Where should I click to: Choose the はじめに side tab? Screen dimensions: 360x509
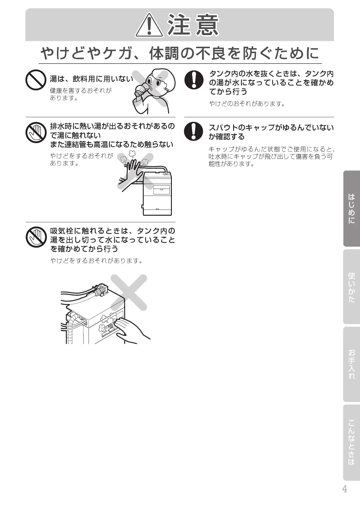(352, 208)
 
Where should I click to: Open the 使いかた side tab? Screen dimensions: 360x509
(352, 287)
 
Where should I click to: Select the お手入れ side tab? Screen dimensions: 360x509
(352, 364)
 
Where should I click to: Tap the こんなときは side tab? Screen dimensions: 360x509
(352, 443)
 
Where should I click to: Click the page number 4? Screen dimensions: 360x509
(345, 489)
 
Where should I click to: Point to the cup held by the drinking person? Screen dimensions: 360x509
(142, 89)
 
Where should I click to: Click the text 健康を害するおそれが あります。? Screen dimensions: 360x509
(81, 94)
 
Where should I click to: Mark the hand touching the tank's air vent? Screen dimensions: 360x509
(132, 330)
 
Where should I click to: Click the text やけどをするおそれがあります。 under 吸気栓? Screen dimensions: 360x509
(97, 261)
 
